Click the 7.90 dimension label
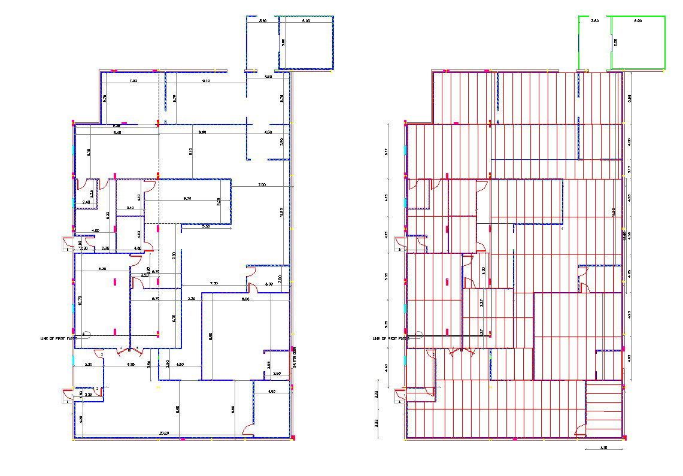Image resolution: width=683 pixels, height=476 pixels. point(133,81)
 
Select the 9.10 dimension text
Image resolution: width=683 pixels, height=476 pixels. point(206,81)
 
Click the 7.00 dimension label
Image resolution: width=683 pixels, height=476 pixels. point(262,186)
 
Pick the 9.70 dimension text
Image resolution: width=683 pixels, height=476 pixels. point(187,198)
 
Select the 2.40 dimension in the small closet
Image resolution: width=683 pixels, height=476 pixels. point(86,202)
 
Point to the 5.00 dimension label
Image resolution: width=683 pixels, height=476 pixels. point(269,284)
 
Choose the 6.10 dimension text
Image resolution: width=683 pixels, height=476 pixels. point(130,364)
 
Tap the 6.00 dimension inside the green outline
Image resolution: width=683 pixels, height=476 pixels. point(638,21)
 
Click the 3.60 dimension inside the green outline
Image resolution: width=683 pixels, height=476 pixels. point(594,21)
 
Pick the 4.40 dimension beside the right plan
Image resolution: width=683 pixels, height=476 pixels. point(387,368)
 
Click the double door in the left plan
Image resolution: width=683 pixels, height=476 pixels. point(129,350)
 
